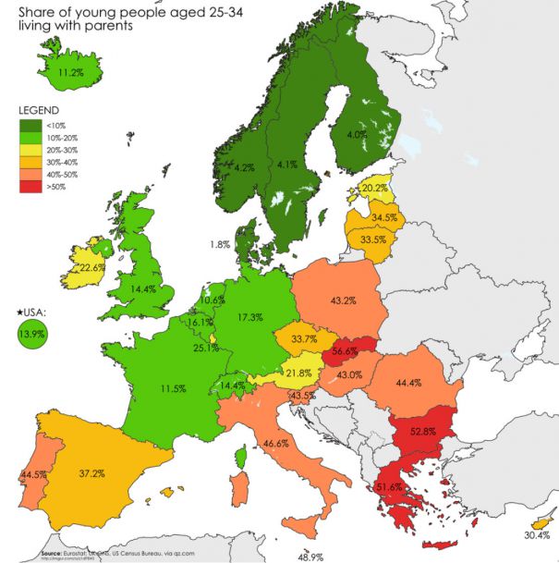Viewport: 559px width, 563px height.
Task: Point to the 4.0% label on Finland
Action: pos(357,135)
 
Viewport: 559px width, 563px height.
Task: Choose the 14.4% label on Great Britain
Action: pos(143,288)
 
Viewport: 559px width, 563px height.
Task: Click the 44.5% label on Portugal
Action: pos(32,476)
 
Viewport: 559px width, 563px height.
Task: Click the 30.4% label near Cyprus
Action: pos(537,535)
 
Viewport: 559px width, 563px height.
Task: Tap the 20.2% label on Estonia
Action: pos(374,189)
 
